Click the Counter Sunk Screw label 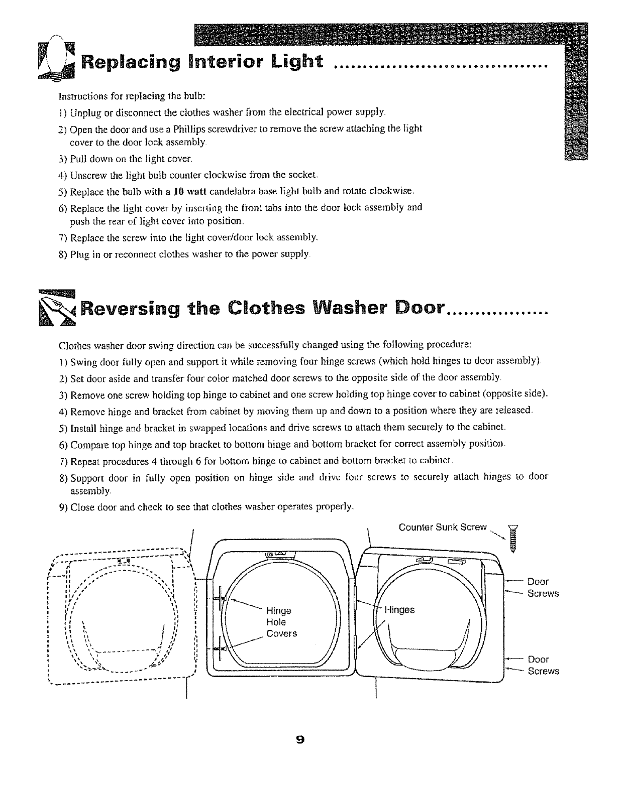click(443, 527)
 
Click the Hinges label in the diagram click(399, 610)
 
